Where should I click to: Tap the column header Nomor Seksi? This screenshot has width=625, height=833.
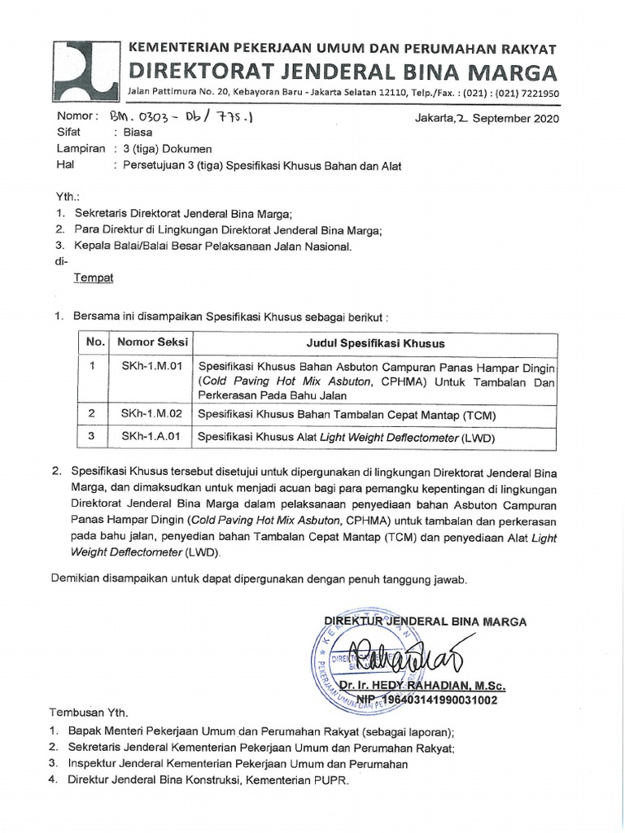pos(148,342)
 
